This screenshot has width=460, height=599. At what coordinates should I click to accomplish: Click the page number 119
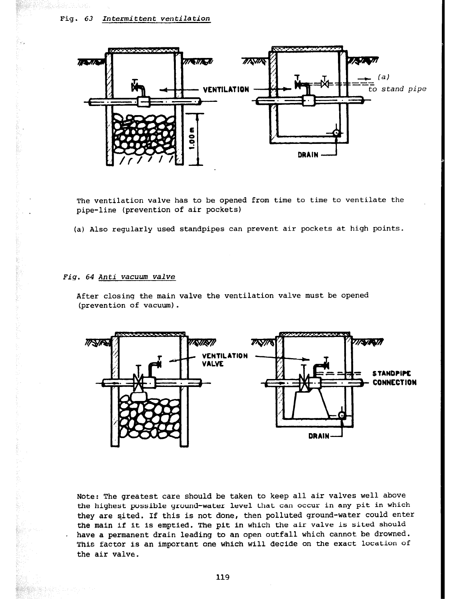(223, 577)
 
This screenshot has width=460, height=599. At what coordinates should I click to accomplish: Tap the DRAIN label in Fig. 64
(319, 436)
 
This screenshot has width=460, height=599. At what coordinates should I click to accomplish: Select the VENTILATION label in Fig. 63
(226, 90)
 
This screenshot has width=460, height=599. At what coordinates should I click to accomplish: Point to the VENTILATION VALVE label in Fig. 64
(225, 360)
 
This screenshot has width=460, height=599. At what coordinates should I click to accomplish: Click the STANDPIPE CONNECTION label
(394, 377)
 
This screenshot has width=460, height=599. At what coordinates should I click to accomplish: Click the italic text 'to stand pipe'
(397, 89)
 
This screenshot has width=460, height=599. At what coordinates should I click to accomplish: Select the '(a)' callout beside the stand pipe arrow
(384, 77)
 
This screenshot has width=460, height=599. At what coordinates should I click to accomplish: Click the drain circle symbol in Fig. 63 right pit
(336, 133)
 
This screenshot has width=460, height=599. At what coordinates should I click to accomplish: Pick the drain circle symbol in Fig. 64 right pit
(342, 415)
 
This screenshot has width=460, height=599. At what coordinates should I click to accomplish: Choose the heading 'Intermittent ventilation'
(156, 19)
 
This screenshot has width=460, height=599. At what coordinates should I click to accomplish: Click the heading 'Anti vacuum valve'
(137, 277)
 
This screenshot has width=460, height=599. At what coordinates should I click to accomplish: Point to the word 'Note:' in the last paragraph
(88, 496)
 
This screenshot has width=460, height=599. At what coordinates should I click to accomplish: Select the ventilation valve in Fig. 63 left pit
(135, 88)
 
